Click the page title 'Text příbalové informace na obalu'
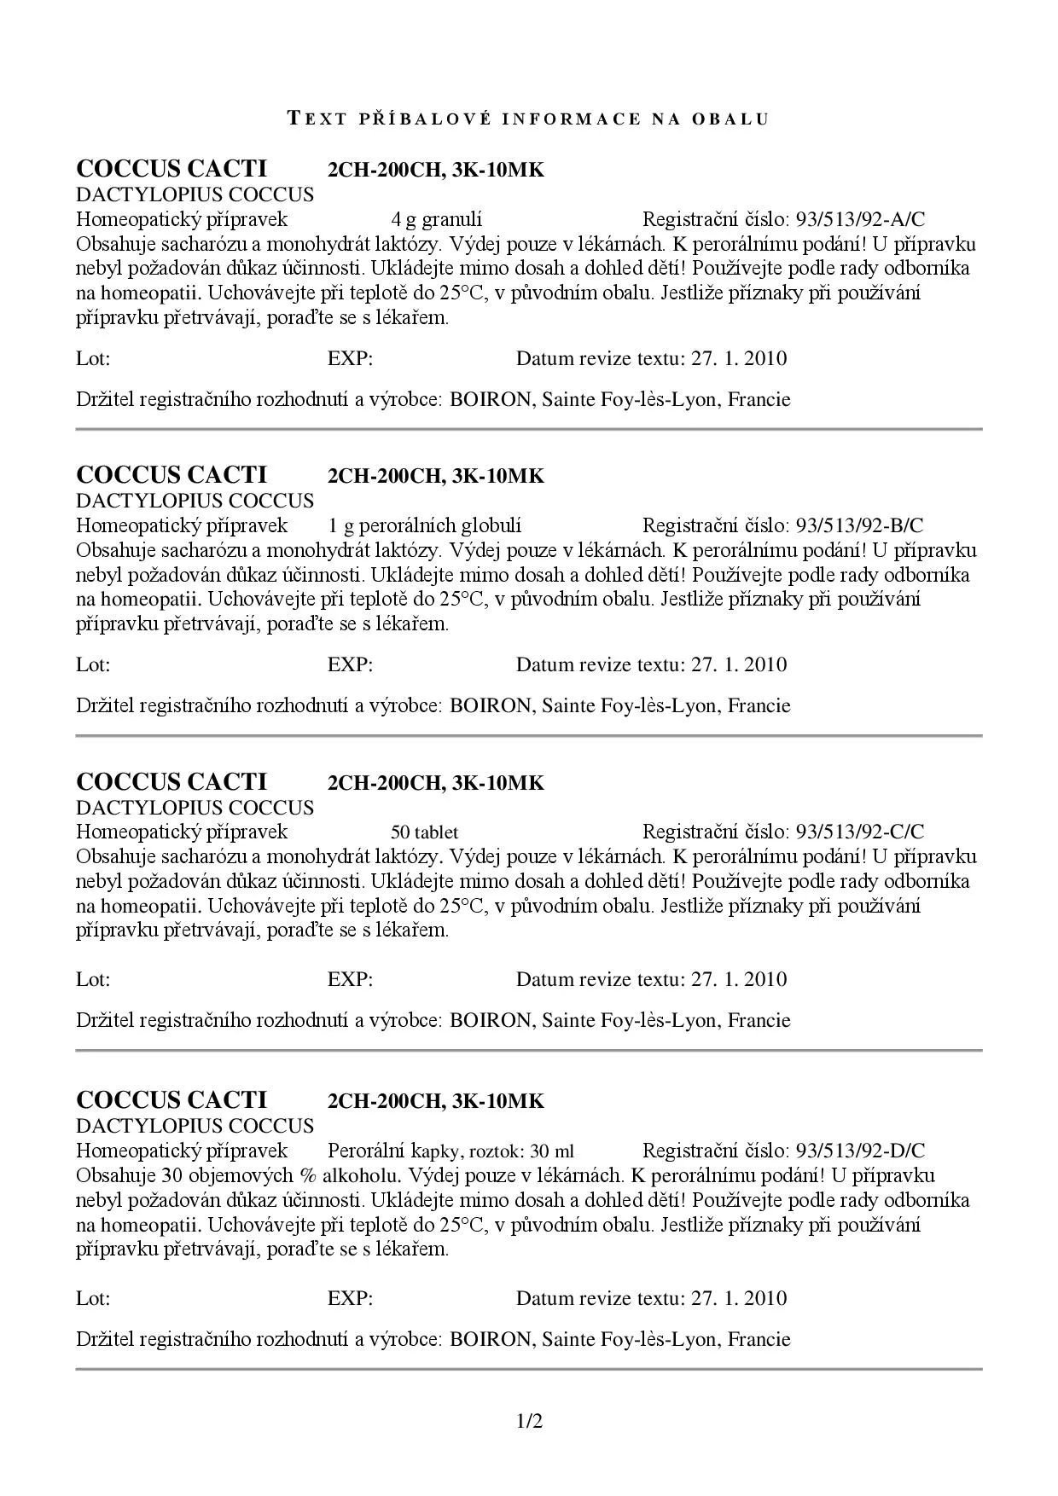click(528, 119)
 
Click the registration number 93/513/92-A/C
click(860, 220)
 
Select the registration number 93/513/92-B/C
click(859, 526)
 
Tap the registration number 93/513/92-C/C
click(860, 832)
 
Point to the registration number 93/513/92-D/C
click(860, 1151)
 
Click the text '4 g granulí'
click(436, 220)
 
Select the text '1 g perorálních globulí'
click(424, 526)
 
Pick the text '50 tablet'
click(424, 832)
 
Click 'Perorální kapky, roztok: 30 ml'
click(451, 1151)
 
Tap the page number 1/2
click(529, 1422)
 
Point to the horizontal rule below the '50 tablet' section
click(529, 1051)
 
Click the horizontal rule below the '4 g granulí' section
click(529, 429)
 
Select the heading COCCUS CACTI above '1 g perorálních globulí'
click(171, 475)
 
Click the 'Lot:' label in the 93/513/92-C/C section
click(93, 979)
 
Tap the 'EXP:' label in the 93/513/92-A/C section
click(350, 358)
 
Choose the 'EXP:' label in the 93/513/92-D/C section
click(350, 1298)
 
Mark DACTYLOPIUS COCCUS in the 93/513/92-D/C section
click(195, 1126)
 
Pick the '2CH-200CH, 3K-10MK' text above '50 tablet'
click(435, 783)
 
